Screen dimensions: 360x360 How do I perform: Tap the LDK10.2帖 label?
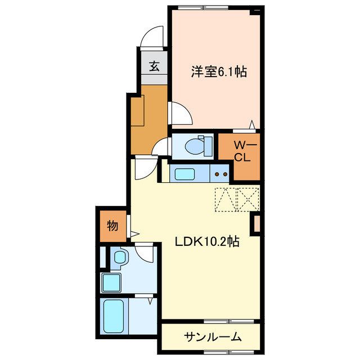208,242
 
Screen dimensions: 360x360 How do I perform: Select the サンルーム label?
213,337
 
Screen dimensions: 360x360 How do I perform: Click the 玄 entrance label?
154,66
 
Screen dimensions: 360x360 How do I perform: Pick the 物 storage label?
112,227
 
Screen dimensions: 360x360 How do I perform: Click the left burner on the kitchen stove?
218,174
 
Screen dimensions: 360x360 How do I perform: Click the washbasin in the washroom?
120,258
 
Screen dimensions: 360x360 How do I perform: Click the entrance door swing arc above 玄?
151,37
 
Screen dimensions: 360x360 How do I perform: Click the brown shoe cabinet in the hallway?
138,111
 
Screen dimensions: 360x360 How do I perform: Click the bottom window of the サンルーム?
222,352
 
